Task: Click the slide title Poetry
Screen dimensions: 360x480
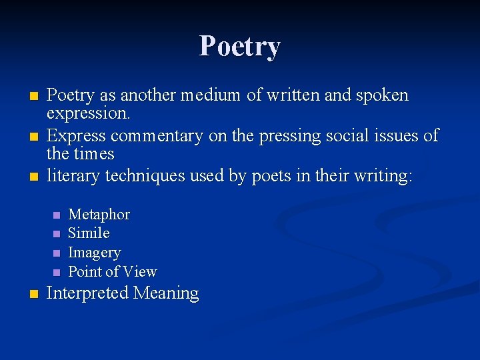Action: coord(240,47)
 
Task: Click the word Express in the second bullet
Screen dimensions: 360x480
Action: coord(76,136)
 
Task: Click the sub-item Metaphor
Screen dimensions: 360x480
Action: coord(99,215)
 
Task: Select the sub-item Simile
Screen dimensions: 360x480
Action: coord(89,233)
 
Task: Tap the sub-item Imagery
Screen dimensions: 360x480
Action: coord(95,253)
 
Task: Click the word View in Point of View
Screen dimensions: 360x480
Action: coord(140,271)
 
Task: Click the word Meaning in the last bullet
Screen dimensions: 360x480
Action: coord(166,293)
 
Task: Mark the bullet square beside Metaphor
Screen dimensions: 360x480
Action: coord(57,215)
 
